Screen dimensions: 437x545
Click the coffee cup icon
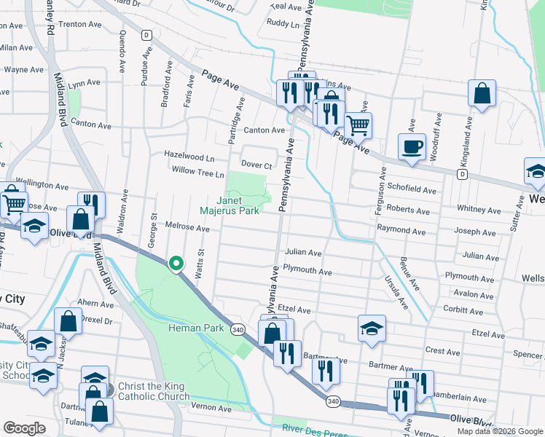pos(412,146)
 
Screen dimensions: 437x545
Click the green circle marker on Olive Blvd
pos(176,264)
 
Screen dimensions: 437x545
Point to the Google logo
pos(24,428)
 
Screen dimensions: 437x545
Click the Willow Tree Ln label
pos(198,173)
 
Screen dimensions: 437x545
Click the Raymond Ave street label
pos(401,229)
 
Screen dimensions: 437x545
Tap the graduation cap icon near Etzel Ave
pos(372,328)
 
